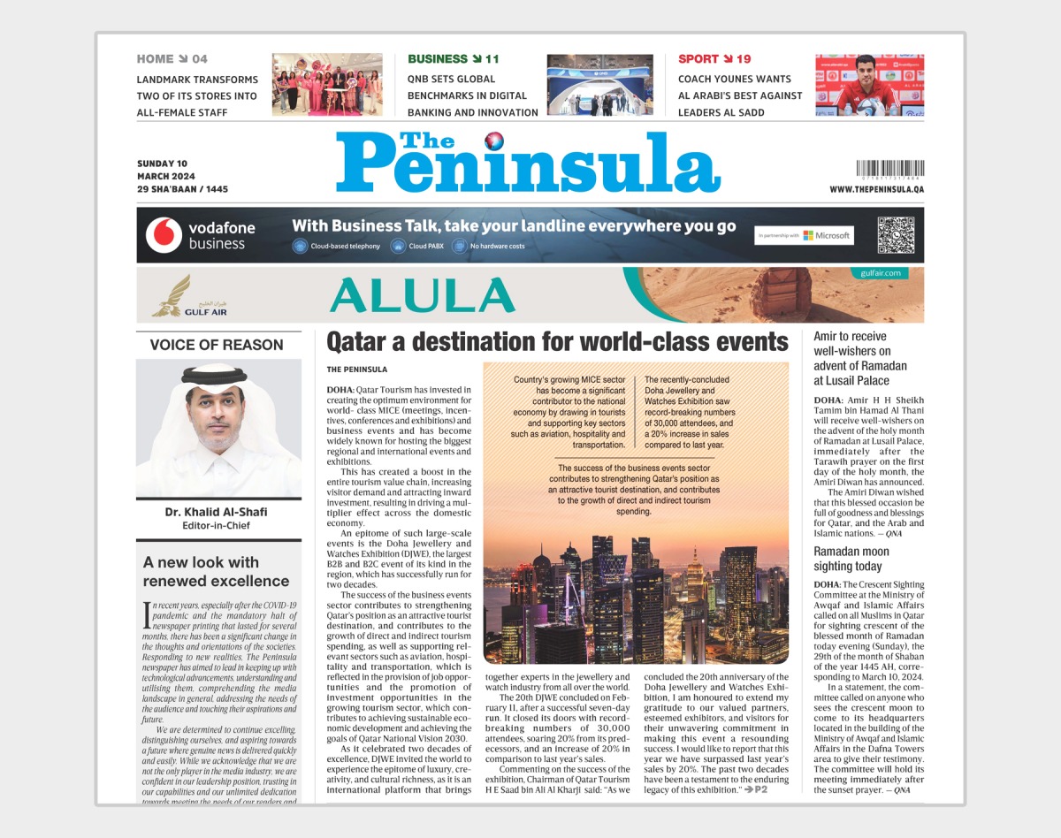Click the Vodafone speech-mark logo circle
(163, 234)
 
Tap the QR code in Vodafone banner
(895, 235)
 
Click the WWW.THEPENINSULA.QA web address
(876, 189)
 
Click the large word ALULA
(423, 295)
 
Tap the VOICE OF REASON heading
(217, 345)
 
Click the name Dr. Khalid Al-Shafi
(217, 512)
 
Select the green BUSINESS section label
(438, 59)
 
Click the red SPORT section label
(698, 59)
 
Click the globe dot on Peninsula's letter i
(493, 138)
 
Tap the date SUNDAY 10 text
(163, 164)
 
